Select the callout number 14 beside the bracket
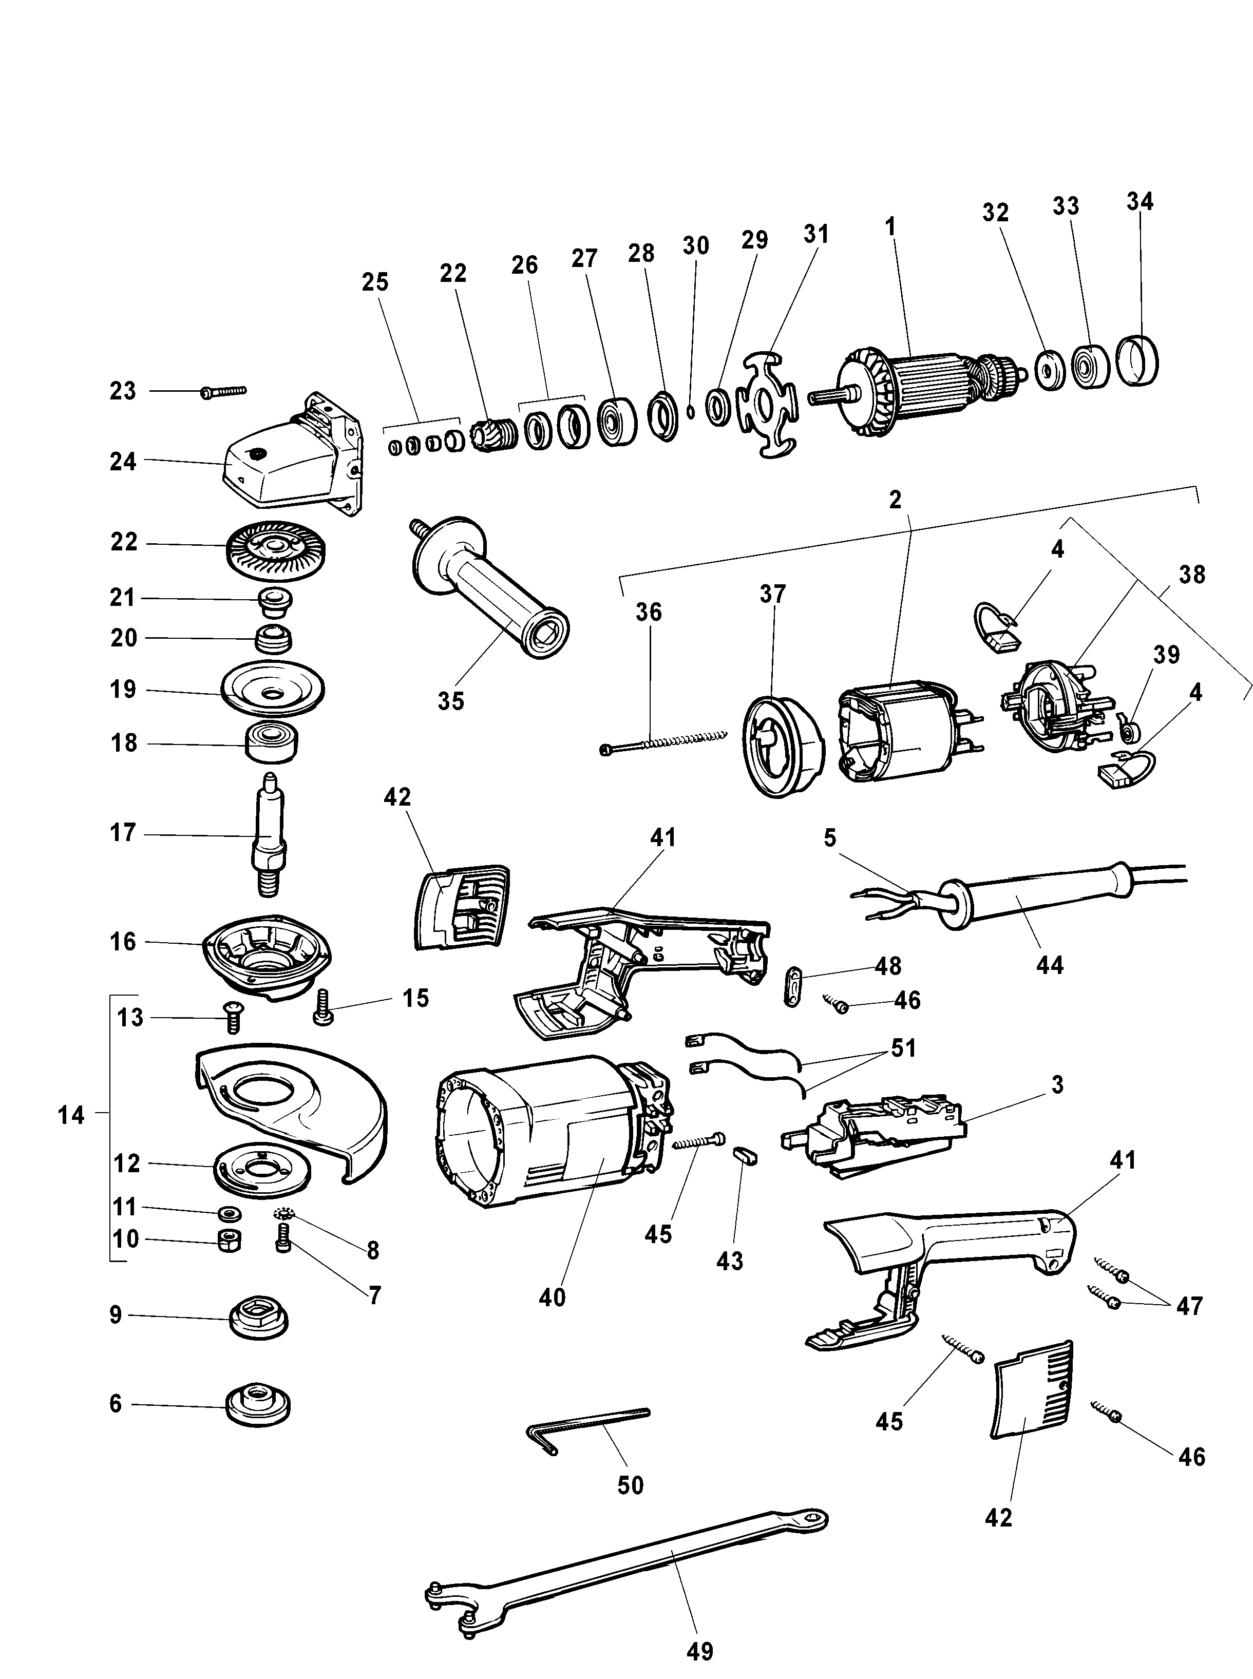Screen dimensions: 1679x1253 point(71,1115)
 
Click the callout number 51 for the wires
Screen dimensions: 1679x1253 point(903,1049)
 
